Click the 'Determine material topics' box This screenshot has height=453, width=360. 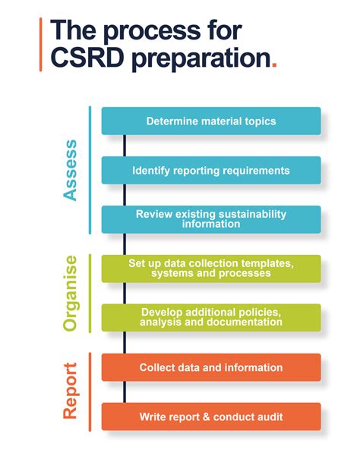point(210,121)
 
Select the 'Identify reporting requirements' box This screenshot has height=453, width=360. point(210,170)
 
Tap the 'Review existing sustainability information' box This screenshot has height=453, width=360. point(210,219)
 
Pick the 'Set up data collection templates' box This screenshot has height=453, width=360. point(210,268)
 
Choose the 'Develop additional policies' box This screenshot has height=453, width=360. point(210,317)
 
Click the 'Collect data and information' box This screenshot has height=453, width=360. point(210,367)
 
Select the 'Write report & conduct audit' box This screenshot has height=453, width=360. point(210,417)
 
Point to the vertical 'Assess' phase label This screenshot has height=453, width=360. point(71,170)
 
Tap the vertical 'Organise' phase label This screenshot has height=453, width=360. point(71,293)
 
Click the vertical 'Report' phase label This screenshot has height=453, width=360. point(71,392)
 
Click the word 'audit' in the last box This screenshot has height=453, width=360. point(267,417)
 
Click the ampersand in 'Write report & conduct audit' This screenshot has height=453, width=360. point(205,417)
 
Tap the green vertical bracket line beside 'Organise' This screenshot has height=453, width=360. point(90,293)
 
